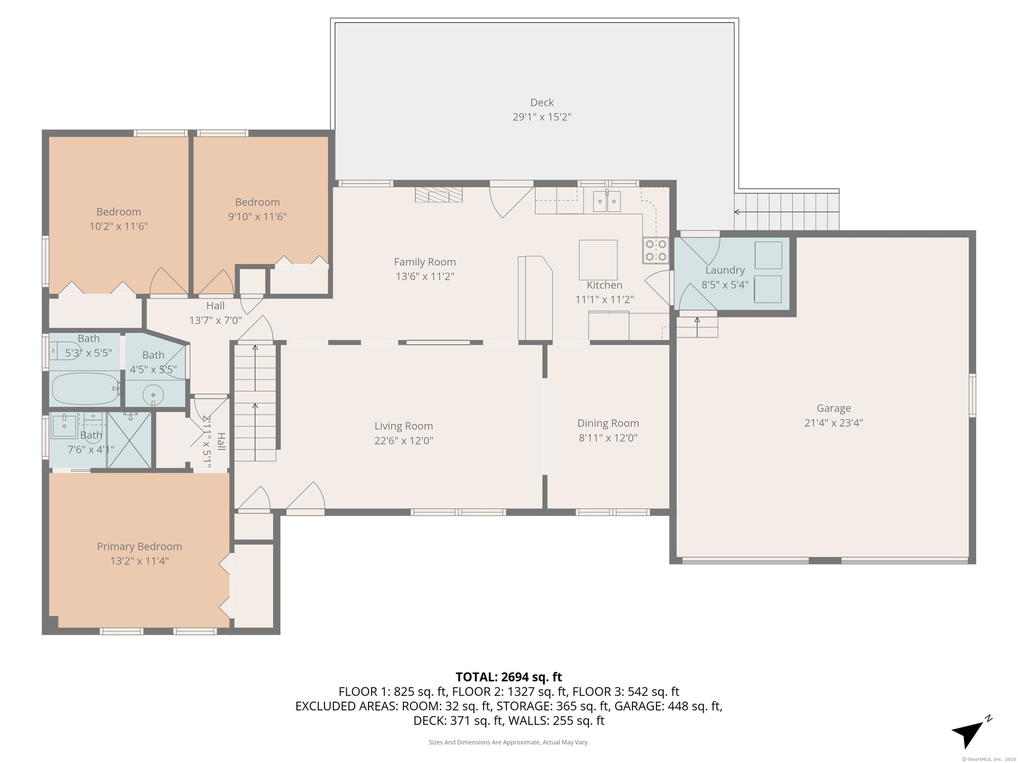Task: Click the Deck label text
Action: (542, 102)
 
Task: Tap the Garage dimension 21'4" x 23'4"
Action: (833, 423)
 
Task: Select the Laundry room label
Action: (725, 270)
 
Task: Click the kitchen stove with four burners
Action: (655, 251)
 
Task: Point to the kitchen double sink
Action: (607, 201)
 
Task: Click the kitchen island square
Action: (598, 260)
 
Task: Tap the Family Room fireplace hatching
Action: (438, 194)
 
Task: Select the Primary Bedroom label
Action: (139, 546)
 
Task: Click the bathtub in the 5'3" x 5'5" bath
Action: (85, 388)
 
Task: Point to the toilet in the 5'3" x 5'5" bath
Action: (65, 351)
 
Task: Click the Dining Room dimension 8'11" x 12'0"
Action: (608, 438)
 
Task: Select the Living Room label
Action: (403, 426)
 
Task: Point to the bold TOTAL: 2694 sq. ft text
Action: (508, 677)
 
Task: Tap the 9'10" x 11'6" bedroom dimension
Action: (257, 216)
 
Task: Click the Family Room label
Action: (425, 262)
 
